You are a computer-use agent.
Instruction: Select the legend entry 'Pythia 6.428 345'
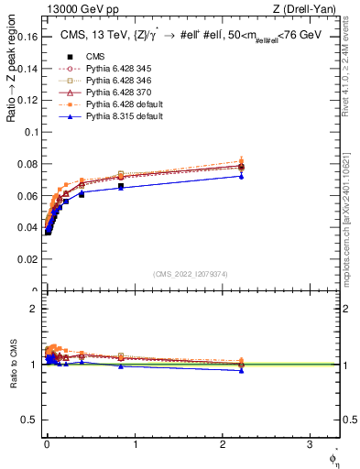pyautogui.click(x=107, y=68)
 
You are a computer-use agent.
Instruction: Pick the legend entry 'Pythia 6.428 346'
pyautogui.click(x=107, y=80)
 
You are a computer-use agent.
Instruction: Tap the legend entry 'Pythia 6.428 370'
pyautogui.click(x=107, y=92)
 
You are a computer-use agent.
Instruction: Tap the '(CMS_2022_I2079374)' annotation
pyautogui.click(x=191, y=272)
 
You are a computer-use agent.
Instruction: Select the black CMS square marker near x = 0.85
pyautogui.click(x=121, y=186)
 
